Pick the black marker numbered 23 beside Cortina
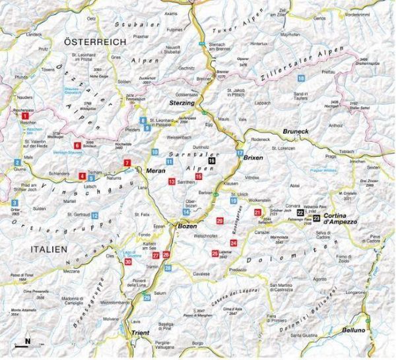317,217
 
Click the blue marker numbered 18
300,78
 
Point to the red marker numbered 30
128,262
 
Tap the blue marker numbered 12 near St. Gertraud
96,216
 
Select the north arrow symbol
26,341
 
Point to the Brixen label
254,160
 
